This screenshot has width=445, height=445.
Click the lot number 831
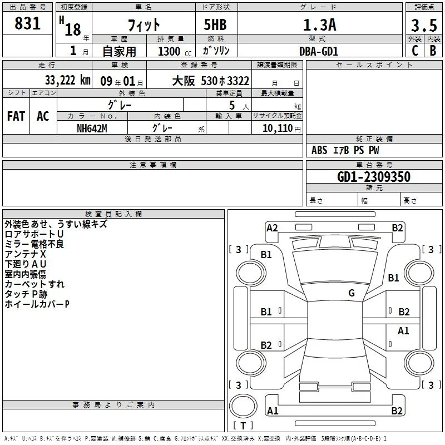click(27, 23)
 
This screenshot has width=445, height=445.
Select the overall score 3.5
click(424, 25)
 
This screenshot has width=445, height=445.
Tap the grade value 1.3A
click(319, 25)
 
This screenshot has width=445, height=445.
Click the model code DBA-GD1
click(319, 51)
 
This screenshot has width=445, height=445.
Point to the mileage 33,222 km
click(67, 80)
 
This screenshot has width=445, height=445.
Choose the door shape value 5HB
click(215, 24)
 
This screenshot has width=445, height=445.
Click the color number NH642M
click(92, 128)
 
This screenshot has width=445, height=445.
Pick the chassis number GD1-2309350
click(374, 177)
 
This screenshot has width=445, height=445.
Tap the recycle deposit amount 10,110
click(277, 128)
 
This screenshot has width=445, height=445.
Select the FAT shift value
click(16, 116)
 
